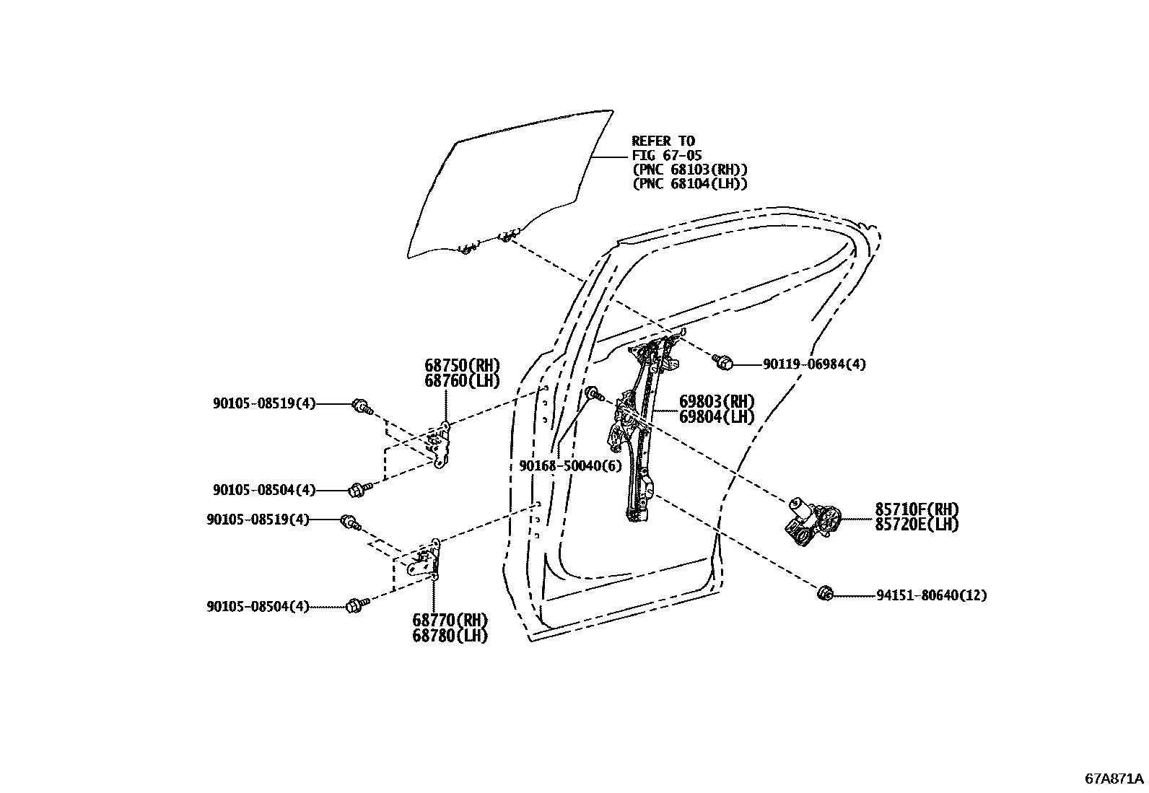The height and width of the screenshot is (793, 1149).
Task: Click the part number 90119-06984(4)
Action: pos(814,364)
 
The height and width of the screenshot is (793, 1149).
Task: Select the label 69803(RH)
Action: pos(717,401)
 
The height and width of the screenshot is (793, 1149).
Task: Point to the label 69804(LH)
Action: pos(717,416)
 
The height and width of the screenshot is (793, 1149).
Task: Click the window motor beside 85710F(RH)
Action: pos(812,521)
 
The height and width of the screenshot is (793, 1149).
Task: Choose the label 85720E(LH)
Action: pos(917,525)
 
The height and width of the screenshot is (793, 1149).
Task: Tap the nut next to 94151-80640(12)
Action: pos(824,594)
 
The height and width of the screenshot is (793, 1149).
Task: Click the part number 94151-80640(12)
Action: pos(932,595)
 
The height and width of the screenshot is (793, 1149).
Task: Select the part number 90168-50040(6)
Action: pos(569,466)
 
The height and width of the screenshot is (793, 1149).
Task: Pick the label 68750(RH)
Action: pos(462,365)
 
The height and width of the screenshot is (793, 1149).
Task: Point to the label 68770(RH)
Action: pos(450,620)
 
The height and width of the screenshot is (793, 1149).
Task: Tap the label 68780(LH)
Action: pos(450,636)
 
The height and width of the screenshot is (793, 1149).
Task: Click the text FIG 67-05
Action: pos(667,155)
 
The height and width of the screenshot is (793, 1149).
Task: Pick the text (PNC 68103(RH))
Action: pos(689,170)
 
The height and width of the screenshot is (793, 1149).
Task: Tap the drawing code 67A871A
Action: pos(1114,779)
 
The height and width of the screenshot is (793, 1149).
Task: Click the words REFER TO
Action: pos(663,141)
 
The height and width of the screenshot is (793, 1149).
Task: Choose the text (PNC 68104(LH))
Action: pos(689,184)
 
